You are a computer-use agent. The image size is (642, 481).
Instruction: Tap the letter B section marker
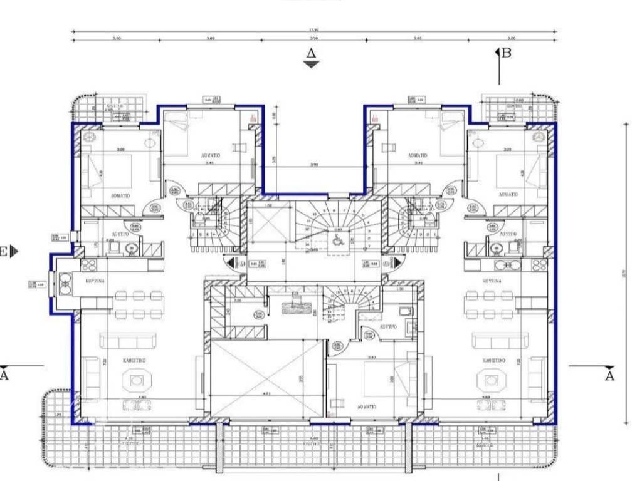[506, 53]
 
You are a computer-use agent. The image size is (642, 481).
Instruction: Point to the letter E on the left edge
[4, 252]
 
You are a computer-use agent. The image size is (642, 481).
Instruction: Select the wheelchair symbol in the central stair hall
[337, 239]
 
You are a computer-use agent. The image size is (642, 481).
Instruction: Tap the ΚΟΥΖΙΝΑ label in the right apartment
[490, 281]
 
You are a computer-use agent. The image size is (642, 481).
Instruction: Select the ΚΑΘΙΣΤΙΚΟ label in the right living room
[495, 361]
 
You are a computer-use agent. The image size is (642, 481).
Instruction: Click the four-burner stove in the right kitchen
[539, 264]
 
